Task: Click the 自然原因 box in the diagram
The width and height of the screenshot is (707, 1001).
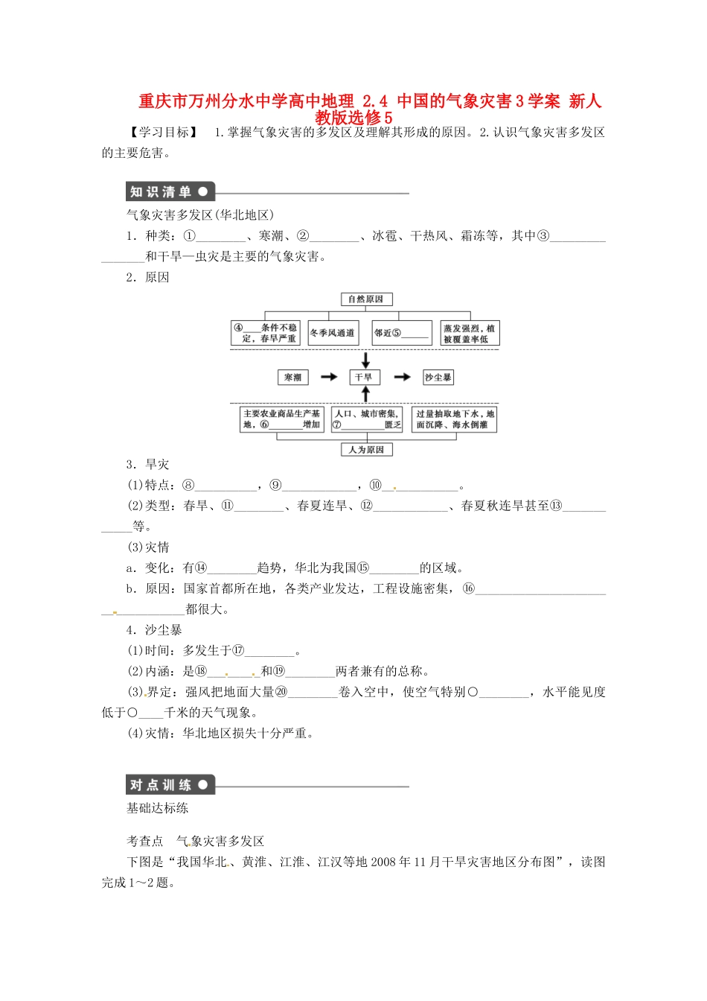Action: pos(365,299)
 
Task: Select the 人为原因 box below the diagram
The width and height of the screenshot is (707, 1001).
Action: pos(365,450)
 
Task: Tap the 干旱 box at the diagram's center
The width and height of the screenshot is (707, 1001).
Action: pos(365,378)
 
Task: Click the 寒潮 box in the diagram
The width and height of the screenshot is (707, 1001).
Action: pos(293,378)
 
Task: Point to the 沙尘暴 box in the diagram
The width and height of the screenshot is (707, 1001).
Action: pos(438,378)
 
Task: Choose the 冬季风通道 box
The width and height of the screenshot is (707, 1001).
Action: pos(333,333)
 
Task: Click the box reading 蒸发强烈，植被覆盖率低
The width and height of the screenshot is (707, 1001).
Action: pos(469,333)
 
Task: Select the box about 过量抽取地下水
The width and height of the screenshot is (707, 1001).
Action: pos(455,419)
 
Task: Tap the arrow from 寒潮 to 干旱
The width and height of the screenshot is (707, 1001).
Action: pos(329,378)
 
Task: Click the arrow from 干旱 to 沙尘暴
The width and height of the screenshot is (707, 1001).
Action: pos(402,378)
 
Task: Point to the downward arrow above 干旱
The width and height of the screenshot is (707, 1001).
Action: pos(365,360)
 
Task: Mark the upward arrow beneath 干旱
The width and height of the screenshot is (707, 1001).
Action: pos(365,395)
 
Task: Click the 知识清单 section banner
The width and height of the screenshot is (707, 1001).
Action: pos(170,192)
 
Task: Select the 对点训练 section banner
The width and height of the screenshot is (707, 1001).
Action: pos(170,785)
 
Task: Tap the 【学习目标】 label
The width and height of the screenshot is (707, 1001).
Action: pos(163,133)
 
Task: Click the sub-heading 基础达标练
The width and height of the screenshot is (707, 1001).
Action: pos(158,808)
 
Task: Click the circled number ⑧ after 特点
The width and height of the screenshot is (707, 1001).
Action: pos(188,486)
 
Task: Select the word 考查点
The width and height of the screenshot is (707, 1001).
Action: pos(144,842)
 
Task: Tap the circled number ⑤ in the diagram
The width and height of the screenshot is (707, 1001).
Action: pos(397,333)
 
